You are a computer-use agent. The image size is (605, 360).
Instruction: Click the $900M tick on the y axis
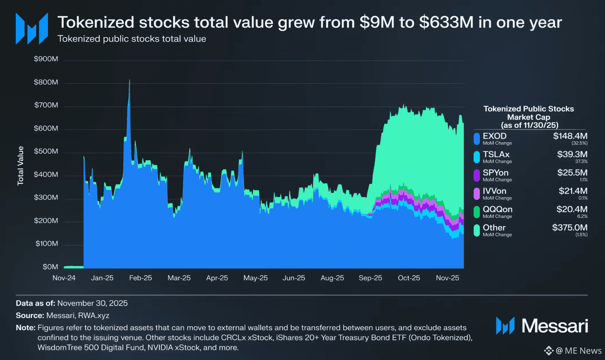coord(46,59)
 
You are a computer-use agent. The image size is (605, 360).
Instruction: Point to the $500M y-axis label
coord(46,151)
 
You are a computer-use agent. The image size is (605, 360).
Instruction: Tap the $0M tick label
coord(50,267)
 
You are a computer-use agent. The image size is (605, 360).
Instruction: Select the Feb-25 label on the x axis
coord(140,278)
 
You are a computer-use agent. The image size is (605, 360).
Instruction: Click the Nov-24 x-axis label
coord(64,278)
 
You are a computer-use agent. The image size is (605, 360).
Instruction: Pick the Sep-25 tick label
coord(370,278)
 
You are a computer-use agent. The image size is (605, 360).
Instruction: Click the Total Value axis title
coord(21,166)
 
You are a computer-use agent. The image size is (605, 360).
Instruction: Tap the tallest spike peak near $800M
coord(129,80)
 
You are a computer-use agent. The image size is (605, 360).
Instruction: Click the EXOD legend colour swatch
coord(477,139)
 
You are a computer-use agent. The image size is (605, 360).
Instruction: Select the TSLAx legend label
coord(496,154)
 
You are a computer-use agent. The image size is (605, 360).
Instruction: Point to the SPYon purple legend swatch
coord(477,175)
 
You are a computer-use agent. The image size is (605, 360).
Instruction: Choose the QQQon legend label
coord(497,210)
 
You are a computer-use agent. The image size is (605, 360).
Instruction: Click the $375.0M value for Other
coord(570,228)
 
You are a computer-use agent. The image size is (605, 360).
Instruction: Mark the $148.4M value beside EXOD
coord(570,136)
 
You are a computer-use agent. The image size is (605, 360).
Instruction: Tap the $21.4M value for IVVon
coord(573,191)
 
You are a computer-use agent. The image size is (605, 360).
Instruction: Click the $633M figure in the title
coord(446,22)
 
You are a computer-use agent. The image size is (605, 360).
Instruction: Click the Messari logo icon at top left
coord(32,29)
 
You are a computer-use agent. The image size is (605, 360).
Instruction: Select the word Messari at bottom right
coord(555,326)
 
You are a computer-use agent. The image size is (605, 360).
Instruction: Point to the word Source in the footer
coord(29,315)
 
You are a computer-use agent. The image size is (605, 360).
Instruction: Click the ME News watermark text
coord(583,351)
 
